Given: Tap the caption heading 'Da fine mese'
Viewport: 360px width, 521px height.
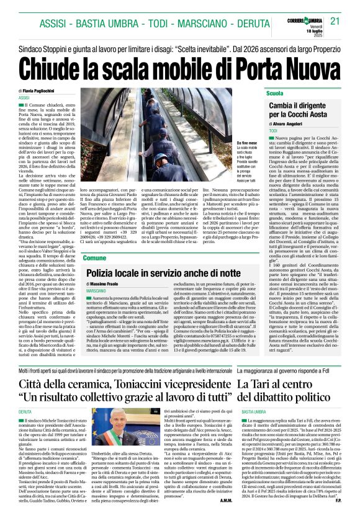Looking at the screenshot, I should click(246, 143).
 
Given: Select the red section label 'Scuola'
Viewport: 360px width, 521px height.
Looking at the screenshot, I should click(274, 93).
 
